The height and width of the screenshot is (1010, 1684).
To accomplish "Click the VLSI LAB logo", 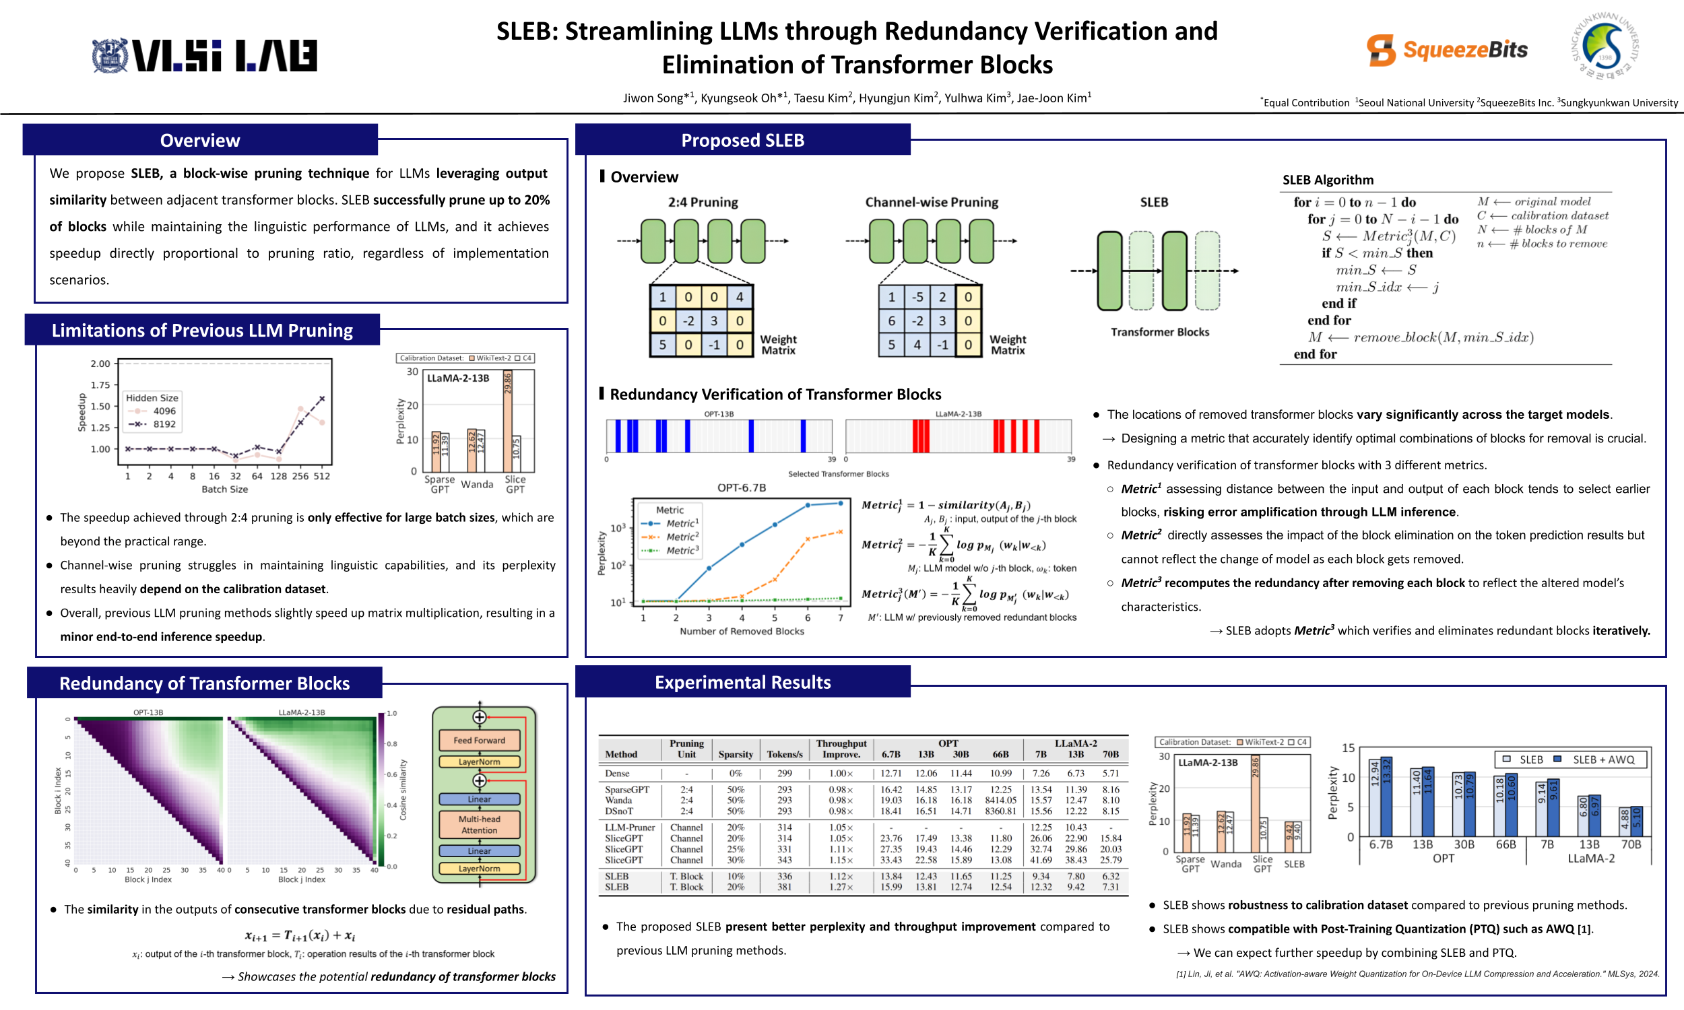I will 205,55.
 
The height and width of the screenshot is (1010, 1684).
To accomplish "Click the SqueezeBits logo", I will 1446,50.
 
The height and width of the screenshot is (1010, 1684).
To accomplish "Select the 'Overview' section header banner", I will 200,140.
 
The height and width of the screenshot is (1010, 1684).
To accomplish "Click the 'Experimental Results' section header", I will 742,683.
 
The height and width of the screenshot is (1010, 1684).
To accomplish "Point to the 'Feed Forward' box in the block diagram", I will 479,740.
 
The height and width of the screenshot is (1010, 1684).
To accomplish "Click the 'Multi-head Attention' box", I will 479,824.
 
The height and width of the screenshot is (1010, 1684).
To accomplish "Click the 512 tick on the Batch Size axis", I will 321,477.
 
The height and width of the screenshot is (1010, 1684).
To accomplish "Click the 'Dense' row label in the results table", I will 618,773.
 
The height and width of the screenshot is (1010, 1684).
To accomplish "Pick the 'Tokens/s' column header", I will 784,754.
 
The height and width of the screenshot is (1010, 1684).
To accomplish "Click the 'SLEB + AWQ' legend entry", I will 1602,760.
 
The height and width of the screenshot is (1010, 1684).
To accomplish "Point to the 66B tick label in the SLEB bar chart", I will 1505,844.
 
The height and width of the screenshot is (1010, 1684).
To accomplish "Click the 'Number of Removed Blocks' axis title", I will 741,632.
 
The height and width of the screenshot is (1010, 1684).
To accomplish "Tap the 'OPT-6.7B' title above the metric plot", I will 741,487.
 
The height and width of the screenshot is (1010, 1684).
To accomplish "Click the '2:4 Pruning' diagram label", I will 703,202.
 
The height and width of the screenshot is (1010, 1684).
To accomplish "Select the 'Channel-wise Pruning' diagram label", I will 931,202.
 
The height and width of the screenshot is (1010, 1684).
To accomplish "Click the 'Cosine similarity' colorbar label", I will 403,790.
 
